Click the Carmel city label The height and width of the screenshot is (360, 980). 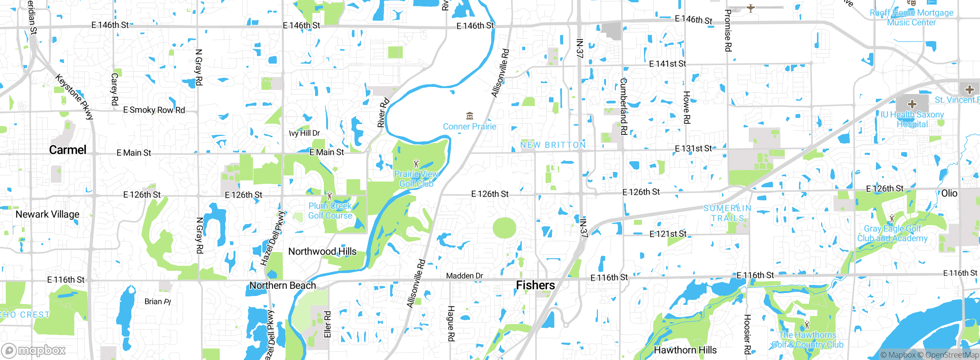[68, 150]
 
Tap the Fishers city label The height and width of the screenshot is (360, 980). [535, 285]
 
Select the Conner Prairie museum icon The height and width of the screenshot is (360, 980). [470, 116]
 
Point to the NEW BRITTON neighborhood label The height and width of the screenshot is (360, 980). [553, 145]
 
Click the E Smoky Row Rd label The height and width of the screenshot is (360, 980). [154, 110]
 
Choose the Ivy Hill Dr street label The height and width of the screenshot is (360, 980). [304, 133]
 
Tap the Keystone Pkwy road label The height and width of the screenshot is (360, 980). [74, 97]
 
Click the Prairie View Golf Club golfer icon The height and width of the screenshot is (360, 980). [416, 164]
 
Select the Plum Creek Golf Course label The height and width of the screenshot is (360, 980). [330, 211]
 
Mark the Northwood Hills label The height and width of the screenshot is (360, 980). [322, 252]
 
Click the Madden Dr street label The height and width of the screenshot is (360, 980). [464, 276]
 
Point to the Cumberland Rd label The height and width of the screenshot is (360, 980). [623, 106]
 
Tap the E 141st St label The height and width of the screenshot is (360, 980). [668, 64]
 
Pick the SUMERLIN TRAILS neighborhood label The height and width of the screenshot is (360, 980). [727, 213]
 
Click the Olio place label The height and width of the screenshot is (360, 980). [949, 193]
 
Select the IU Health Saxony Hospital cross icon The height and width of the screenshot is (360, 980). [912, 104]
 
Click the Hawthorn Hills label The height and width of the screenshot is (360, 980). [685, 350]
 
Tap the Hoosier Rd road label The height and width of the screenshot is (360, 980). [747, 334]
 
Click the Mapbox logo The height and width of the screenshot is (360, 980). [34, 350]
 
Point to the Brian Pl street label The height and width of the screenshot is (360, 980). [158, 301]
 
